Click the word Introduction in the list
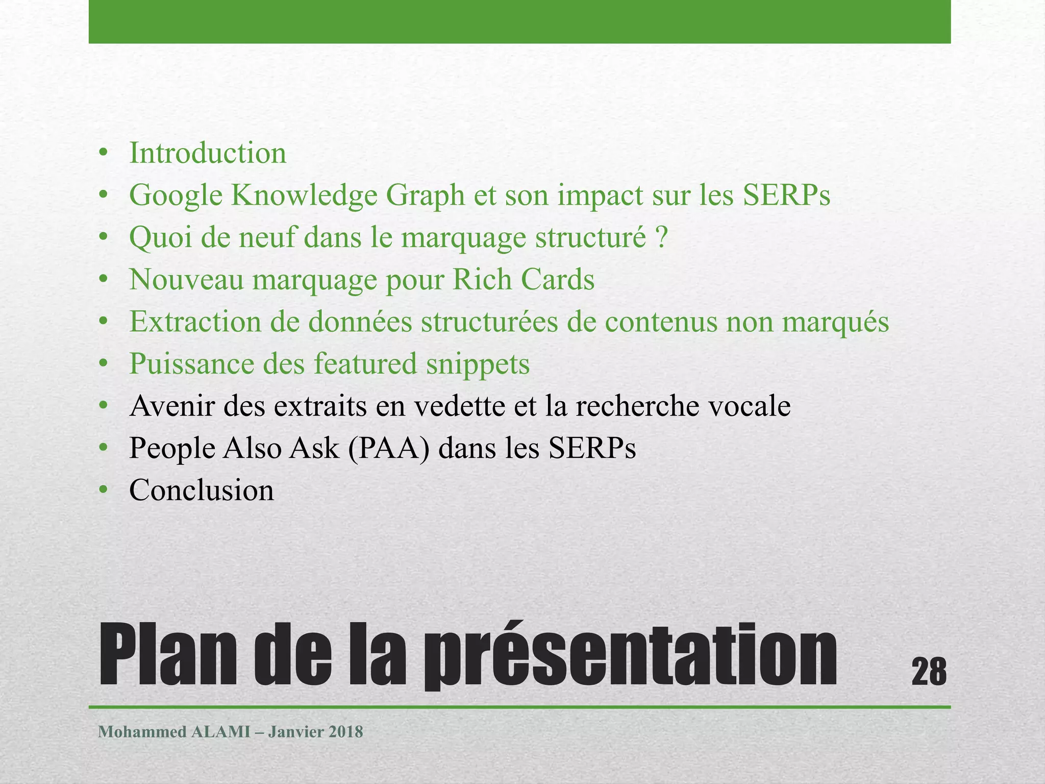(x=208, y=153)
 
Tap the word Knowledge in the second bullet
(x=304, y=195)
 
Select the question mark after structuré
(x=662, y=238)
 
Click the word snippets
(x=478, y=364)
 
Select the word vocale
(x=748, y=406)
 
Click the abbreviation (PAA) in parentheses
(x=389, y=449)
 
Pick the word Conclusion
(x=202, y=491)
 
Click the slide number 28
(x=929, y=672)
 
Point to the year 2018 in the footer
(x=346, y=732)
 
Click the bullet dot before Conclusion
(x=104, y=491)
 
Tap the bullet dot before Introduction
(x=104, y=153)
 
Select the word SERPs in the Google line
(x=786, y=195)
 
